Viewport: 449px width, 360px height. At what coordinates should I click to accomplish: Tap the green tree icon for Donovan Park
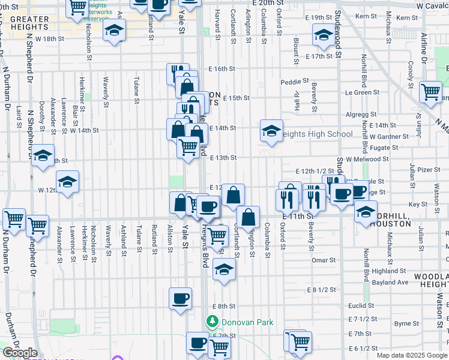tap(211, 322)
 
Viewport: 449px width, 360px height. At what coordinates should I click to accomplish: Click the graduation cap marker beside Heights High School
tap(271, 130)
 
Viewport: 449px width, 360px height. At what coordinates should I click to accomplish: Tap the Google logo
tap(20, 353)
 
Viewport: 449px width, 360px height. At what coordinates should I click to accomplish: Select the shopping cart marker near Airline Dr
tap(430, 91)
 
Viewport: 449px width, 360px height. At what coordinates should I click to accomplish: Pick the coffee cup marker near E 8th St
tap(180, 298)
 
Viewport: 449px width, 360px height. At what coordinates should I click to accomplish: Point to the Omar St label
tap(324, 260)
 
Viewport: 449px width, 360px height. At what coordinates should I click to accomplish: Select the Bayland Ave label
tap(390, 282)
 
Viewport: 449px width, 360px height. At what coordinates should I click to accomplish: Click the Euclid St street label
tap(361, 305)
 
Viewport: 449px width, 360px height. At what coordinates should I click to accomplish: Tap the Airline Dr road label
tap(423, 47)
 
